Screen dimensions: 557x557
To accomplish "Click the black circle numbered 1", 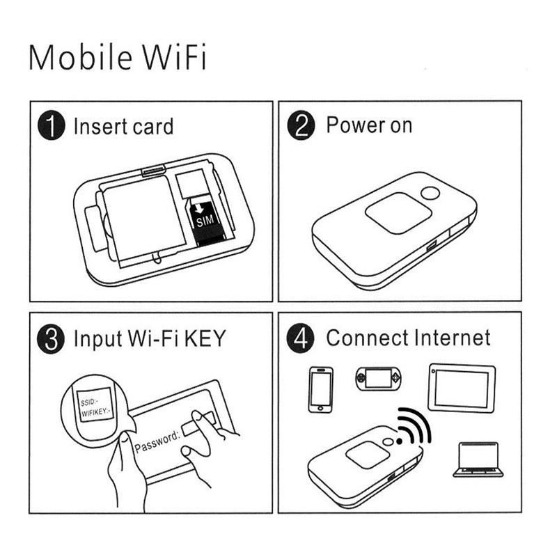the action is [52, 125].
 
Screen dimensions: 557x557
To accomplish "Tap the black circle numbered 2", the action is [301, 125].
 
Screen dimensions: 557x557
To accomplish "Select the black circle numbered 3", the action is [51, 339].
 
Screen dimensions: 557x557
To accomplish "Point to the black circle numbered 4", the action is [301, 338].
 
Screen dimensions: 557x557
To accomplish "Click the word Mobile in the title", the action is [81, 57].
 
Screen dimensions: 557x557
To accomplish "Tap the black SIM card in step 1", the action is [205, 223].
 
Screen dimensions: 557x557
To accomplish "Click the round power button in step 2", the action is [430, 194].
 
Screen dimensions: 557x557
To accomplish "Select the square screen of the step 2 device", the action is [398, 213].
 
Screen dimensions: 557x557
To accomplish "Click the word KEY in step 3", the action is [205, 338].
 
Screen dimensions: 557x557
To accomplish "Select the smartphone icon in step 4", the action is [321, 390].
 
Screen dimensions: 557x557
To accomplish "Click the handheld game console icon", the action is [379, 379].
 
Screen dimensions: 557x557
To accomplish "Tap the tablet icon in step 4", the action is [462, 388].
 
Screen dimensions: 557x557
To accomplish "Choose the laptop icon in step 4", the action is [478, 459].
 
